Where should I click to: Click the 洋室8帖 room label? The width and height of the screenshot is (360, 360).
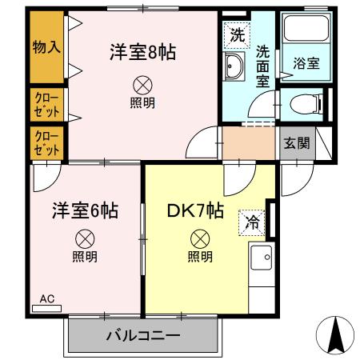coord(142,54)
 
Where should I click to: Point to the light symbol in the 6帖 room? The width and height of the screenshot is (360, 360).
coord(85,238)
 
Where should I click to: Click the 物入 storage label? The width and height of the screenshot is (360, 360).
coord(46,47)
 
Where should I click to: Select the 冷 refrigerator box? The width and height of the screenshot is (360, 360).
coord(251,222)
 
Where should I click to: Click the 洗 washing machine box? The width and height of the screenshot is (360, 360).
coord(237,34)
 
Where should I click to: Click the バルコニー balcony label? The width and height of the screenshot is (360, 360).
coord(143,335)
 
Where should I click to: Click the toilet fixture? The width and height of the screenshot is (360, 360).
coord(304,102)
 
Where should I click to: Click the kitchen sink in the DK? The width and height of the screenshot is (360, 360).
coord(261,258)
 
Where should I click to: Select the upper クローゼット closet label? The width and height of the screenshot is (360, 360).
coord(46,105)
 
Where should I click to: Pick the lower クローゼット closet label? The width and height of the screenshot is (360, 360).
coord(46,142)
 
